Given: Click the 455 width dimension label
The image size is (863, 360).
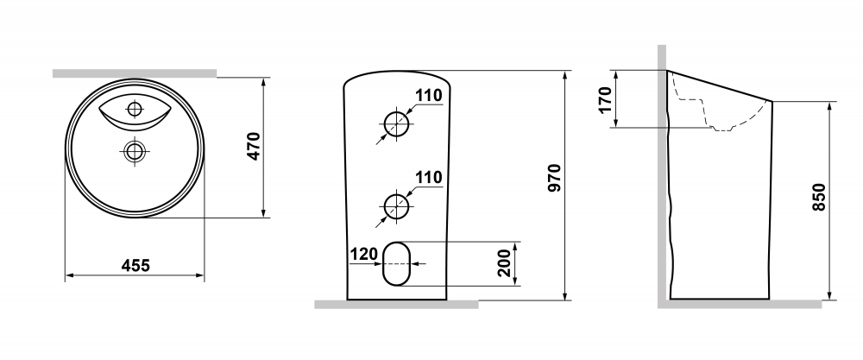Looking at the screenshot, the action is tap(135, 265).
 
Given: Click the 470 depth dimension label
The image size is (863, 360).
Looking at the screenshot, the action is tap(253, 146).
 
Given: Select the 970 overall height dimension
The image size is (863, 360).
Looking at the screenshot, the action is tap(554, 178).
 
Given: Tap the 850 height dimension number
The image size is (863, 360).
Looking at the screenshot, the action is tap(818, 197).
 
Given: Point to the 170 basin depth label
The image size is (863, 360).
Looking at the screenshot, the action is tap(605, 99).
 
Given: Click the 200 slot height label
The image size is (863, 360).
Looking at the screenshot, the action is tap(504, 263).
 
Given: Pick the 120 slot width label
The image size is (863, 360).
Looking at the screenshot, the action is tap(364, 254).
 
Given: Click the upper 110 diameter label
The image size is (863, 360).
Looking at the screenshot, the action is tap(428, 96).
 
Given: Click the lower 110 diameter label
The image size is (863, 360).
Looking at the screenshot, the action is tap(428, 177).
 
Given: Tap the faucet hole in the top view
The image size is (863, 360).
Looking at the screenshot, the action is tap(135, 109).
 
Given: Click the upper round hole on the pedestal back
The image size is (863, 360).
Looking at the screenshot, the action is tap(396, 123).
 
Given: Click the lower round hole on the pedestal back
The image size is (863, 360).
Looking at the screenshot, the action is tap(396, 205).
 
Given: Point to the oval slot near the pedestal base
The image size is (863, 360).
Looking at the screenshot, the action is tap(396, 263).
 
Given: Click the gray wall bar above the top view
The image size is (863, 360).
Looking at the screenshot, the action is tap(135, 73).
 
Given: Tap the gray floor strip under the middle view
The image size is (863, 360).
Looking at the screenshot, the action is tap(396, 305).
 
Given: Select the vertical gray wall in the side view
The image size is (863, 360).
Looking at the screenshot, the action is tap(662, 173).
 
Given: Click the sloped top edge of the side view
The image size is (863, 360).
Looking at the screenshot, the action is tap(720, 85).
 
